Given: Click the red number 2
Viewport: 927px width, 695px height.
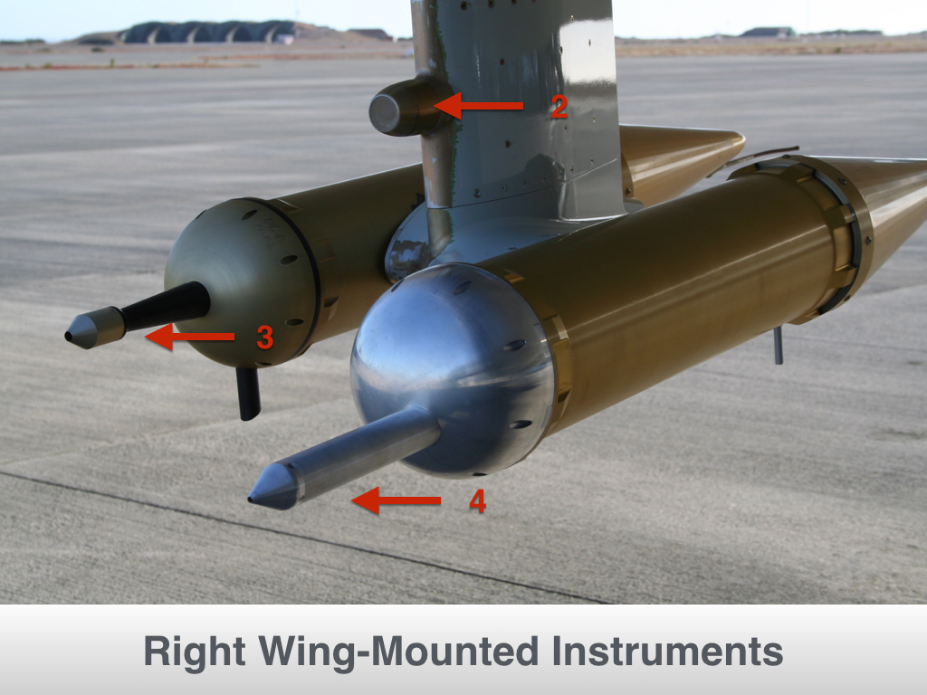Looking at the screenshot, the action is [559, 107].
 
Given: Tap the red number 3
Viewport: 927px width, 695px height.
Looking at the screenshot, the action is [265, 338].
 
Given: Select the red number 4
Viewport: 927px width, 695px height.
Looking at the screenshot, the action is [478, 501].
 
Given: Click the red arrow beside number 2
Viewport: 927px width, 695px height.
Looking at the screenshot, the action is [479, 106].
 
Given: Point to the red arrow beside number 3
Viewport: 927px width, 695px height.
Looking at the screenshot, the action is [189, 337].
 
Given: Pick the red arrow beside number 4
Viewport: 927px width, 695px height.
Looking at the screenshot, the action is [397, 500].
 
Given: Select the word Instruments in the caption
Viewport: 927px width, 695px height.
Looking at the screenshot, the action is [667, 652].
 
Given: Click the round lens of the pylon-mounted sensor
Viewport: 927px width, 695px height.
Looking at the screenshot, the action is [385, 113].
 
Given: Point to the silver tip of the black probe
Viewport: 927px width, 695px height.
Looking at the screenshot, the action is [94, 328].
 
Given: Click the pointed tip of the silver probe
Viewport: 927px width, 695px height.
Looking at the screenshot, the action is [251, 500].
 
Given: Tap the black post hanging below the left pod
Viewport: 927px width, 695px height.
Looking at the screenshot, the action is [248, 393].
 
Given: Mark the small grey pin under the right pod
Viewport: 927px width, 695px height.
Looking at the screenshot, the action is [779, 345].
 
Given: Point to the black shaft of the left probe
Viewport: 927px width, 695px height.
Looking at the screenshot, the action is [167, 306].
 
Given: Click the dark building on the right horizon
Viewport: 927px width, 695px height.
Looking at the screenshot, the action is [766, 33].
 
